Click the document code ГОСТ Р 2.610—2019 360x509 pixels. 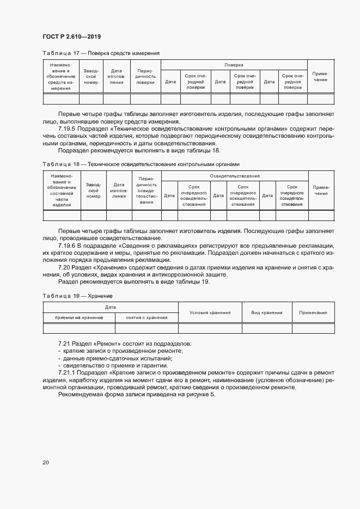pos(71,36)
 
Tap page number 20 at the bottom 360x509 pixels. pos(46,462)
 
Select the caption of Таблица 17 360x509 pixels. pos(101,53)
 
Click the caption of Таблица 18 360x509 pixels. pos(141,164)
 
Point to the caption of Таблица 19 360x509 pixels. pos(77,295)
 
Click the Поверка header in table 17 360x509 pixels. pos(234,65)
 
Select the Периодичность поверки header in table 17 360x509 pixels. pos(145,77)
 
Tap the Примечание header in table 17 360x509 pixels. pos(320,77)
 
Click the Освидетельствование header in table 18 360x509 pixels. pos(234,176)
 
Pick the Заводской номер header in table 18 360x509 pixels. pos(93,191)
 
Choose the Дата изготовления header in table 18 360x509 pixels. pos(119,191)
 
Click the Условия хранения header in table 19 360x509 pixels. pos(210,312)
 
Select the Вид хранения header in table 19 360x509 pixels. pos(266,312)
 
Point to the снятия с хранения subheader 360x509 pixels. pos(146,317)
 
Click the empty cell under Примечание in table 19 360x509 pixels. pos(313,328)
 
